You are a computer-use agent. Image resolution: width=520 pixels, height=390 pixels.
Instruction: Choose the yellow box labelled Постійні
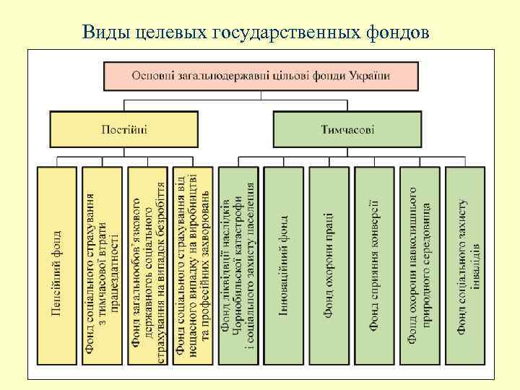pos(123,131)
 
